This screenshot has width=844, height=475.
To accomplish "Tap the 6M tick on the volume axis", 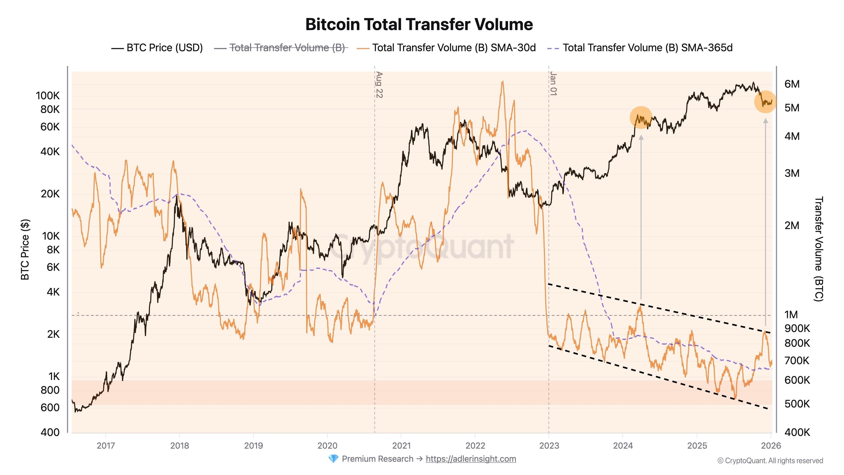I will (x=792, y=84).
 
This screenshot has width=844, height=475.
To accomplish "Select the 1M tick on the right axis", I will (x=791, y=315).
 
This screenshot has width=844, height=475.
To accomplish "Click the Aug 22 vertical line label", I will (x=379, y=85).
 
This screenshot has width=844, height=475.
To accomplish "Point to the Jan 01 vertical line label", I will (x=553, y=84).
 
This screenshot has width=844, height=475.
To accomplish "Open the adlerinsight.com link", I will (x=471, y=459).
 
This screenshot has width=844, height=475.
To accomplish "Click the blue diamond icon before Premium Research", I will (x=333, y=459).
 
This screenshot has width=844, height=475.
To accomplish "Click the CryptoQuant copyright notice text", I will (x=770, y=461).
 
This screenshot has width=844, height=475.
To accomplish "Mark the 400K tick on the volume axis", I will (x=797, y=432).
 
